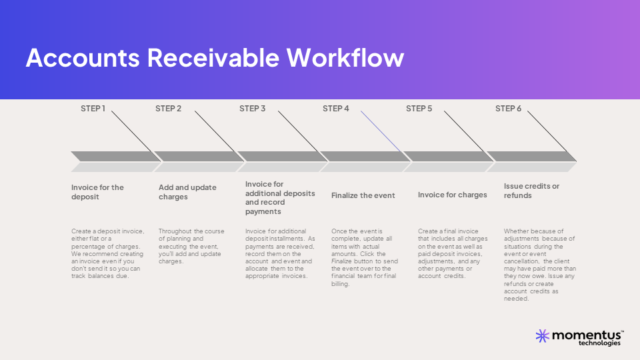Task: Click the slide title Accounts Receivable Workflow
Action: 215,58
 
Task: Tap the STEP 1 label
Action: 93,109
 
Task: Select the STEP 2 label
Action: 168,109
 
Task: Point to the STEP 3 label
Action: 252,109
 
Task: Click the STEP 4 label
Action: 335,109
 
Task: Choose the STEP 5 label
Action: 419,109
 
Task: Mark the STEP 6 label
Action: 508,109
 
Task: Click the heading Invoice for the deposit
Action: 97,192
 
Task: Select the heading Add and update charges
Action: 187,192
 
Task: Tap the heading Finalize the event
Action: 363,195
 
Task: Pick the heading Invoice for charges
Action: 452,195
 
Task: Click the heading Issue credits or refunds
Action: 531,191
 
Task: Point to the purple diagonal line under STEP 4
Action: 381,131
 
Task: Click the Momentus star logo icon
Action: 542,335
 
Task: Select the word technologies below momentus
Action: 599,343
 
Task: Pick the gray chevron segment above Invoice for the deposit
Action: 113,157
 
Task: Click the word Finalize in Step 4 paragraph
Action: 344,261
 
